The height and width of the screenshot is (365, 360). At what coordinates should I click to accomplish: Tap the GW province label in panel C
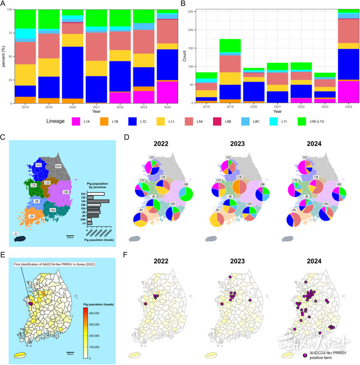[x=58, y=167]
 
